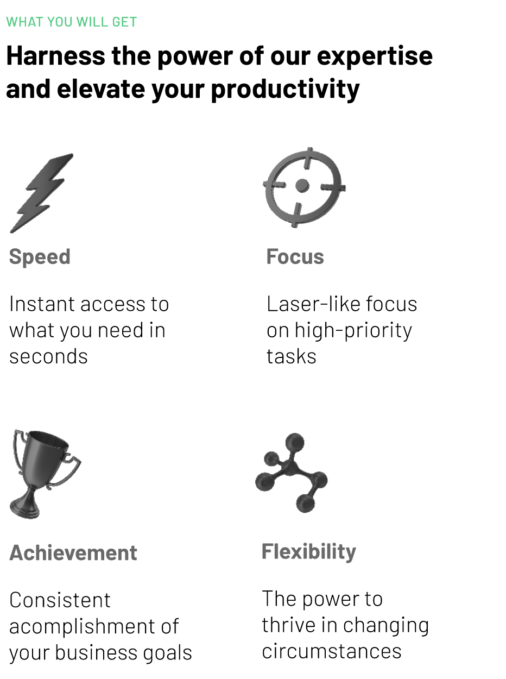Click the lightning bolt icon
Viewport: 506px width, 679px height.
[41, 193]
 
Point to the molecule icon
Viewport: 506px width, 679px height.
[292, 471]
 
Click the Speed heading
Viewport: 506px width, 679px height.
[40, 256]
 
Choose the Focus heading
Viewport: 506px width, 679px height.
[295, 256]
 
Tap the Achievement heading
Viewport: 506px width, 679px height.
[73, 552]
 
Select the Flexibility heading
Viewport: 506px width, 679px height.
[309, 551]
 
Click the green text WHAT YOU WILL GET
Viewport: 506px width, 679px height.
[71, 22]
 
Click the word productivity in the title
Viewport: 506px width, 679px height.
[285, 89]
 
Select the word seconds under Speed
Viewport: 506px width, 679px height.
[48, 356]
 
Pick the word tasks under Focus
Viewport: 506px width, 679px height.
[291, 356]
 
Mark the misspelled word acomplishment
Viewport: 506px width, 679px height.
[93, 626]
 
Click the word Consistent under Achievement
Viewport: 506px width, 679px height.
[60, 600]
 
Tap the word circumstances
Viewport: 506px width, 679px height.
[331, 651]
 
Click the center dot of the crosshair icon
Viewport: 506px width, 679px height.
[302, 186]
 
